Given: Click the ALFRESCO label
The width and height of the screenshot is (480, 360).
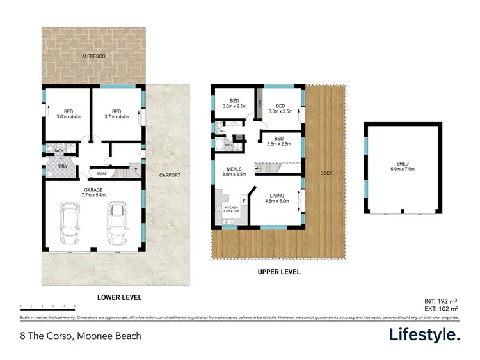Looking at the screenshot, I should click(x=93, y=57).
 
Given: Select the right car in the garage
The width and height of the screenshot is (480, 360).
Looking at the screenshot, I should click(x=116, y=223).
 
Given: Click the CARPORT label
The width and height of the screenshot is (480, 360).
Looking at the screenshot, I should click(x=170, y=175).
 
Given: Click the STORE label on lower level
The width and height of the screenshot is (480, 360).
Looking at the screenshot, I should click(x=102, y=173).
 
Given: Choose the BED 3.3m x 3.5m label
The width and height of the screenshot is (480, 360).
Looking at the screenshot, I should click(x=279, y=109).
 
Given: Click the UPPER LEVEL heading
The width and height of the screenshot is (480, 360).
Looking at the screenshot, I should click(x=278, y=272).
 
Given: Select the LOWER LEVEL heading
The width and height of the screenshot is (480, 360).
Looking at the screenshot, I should click(x=119, y=297).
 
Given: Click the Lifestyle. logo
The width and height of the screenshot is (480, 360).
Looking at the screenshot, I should click(x=424, y=334).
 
